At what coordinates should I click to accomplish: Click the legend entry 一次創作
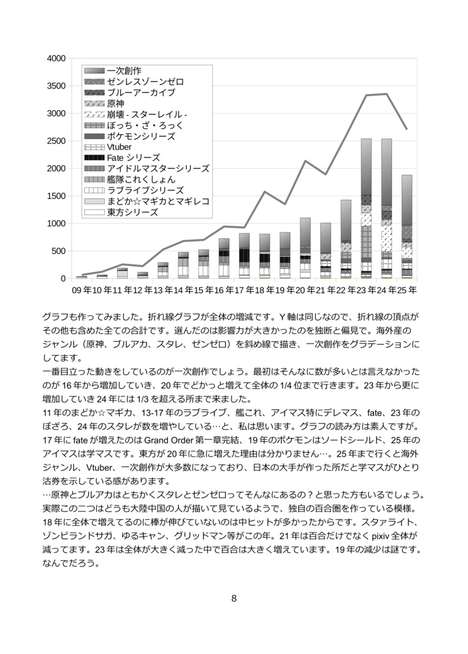(x=124, y=71)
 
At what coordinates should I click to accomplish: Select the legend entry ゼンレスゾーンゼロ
(x=145, y=82)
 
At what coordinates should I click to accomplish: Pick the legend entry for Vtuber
(x=120, y=147)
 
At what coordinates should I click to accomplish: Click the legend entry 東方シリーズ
(x=132, y=212)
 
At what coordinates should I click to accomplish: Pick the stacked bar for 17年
(x=244, y=255)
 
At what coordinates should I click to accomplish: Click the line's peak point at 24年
(x=386, y=94)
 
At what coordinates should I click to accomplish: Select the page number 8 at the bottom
(x=234, y=598)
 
